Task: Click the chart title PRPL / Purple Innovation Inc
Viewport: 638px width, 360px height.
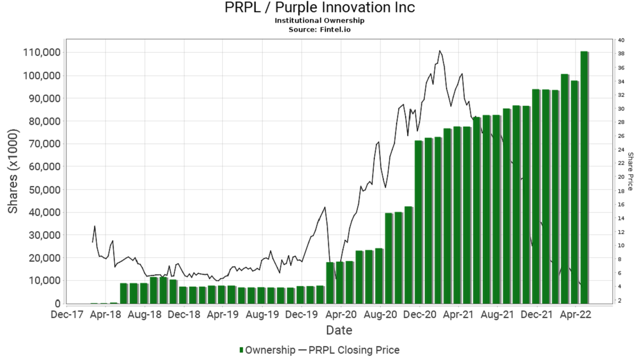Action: tap(319, 8)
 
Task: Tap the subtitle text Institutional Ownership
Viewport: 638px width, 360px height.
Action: tap(319, 20)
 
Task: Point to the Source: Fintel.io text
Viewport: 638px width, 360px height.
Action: tap(319, 29)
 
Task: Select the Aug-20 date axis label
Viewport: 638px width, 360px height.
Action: tap(380, 315)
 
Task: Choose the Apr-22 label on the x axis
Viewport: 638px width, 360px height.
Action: tap(577, 315)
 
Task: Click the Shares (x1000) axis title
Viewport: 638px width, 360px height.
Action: tap(13, 171)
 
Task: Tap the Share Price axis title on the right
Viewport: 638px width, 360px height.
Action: tap(631, 171)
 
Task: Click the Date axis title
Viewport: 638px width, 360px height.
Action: tap(339, 330)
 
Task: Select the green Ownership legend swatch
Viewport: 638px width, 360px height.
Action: tap(241, 350)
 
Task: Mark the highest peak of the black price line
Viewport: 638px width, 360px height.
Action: tap(440, 51)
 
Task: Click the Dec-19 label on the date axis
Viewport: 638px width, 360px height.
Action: tap(301, 315)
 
